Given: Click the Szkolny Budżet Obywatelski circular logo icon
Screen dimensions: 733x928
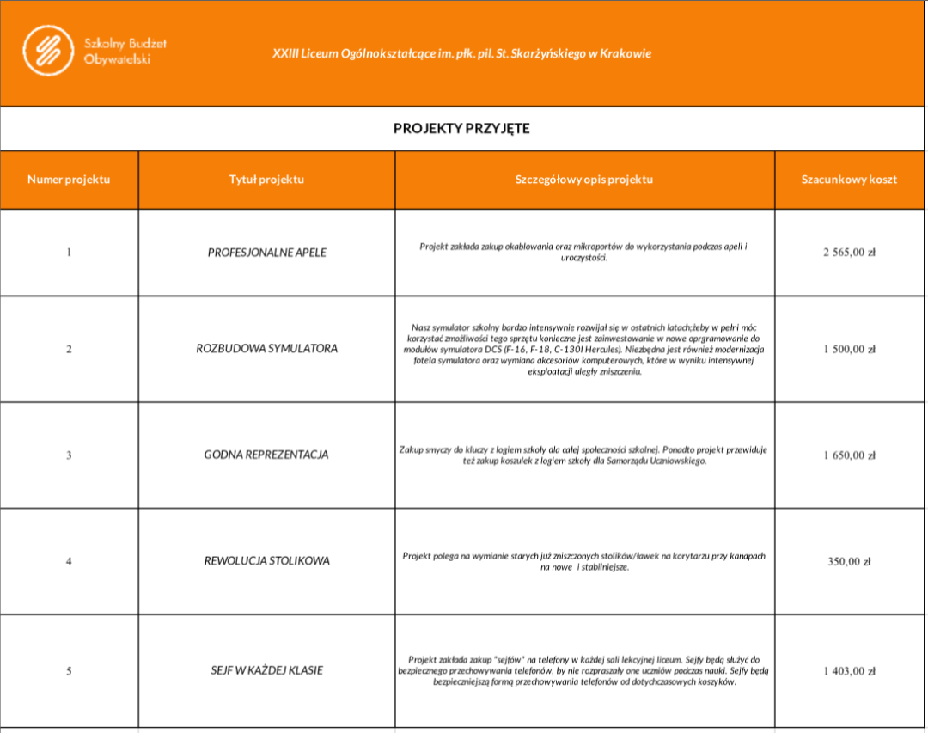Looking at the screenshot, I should click(x=49, y=49).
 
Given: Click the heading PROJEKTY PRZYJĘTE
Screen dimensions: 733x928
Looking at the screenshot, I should click(x=461, y=129).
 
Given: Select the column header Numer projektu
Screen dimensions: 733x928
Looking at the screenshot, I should click(x=69, y=180).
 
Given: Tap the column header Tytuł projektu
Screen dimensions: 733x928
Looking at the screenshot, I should click(x=266, y=180).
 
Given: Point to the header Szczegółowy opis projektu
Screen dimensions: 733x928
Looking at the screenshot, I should click(x=584, y=180).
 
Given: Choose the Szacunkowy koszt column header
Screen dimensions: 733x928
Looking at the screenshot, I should click(x=849, y=180).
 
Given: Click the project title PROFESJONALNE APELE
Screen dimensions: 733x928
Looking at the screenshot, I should click(x=266, y=253).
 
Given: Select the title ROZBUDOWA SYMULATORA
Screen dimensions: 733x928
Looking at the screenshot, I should click(x=266, y=349).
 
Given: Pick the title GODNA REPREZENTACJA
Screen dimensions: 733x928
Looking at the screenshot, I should click(x=266, y=455).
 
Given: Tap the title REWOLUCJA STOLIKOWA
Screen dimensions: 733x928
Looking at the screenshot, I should click(x=266, y=561).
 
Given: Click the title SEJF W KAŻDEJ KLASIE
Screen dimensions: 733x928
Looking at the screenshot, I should click(x=266, y=670).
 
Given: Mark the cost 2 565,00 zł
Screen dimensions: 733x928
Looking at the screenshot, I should click(x=849, y=253).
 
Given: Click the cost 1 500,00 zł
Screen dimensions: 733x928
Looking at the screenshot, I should click(x=849, y=349).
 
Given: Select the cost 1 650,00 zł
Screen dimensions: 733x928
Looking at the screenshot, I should click(x=849, y=455).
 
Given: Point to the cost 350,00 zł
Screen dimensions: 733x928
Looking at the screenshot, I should click(x=849, y=561).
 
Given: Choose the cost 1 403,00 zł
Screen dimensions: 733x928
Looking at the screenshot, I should click(x=849, y=670).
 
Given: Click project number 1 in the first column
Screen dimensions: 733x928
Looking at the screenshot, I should click(x=69, y=253).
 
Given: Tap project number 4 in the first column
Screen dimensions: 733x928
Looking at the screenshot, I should click(x=69, y=561).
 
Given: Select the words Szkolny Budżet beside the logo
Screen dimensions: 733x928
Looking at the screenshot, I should click(x=125, y=43).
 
